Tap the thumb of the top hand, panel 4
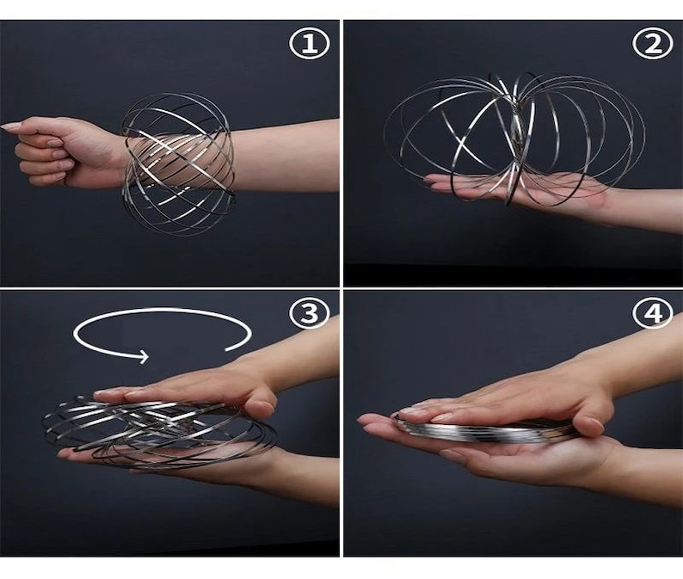point(589,424)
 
